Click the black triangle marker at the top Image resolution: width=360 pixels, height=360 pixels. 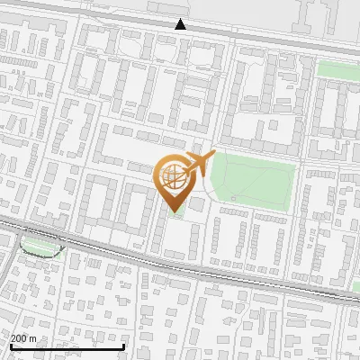coord(181,24)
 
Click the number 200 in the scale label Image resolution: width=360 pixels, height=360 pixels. coord(19,338)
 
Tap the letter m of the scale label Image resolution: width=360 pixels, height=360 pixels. coord(33,338)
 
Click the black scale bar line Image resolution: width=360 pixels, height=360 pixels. coord(67,347)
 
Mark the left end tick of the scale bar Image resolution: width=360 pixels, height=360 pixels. coord(11,346)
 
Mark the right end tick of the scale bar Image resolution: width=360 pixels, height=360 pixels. coord(123,346)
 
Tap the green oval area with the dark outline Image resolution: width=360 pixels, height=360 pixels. coord(40,245)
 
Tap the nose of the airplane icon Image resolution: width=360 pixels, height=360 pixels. coord(211,157)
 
